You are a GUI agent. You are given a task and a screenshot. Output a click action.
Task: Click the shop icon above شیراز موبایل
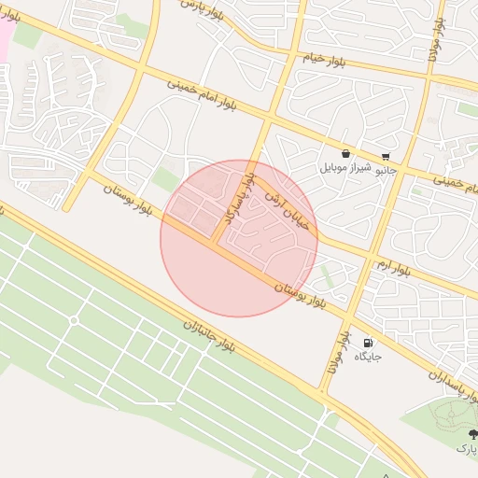click(346, 154)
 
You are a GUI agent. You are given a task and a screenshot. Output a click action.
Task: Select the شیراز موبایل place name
click(346, 169)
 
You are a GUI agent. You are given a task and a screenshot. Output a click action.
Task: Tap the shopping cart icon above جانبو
click(386, 157)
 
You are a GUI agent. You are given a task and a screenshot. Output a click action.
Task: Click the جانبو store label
click(386, 171)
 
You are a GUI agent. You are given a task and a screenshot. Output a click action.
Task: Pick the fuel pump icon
click(366, 344)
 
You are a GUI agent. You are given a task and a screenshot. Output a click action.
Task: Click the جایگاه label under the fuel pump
click(366, 358)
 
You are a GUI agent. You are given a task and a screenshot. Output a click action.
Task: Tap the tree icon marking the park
click(472, 434)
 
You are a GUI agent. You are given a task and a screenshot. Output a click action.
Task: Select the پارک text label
click(466, 449)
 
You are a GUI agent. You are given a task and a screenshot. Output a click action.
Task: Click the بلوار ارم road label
click(388, 264)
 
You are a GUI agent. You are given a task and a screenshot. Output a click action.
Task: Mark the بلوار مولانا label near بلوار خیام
click(434, 41)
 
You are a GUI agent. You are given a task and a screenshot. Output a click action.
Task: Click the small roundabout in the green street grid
click(74, 321)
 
